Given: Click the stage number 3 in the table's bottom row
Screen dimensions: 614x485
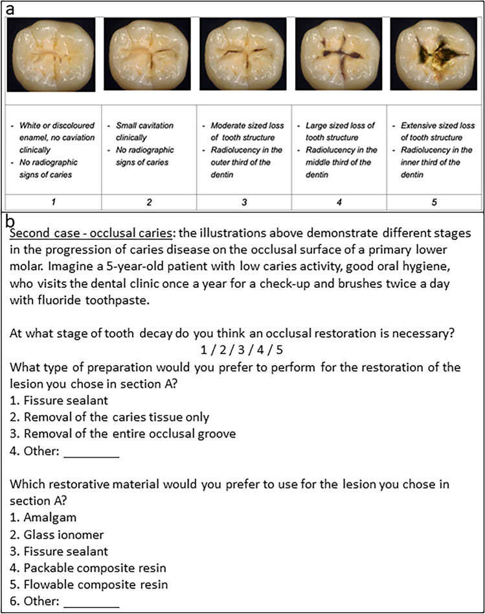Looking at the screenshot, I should pyautogui.click(x=244, y=202).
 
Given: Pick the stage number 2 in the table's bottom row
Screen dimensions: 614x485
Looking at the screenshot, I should pyautogui.click(x=149, y=202).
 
